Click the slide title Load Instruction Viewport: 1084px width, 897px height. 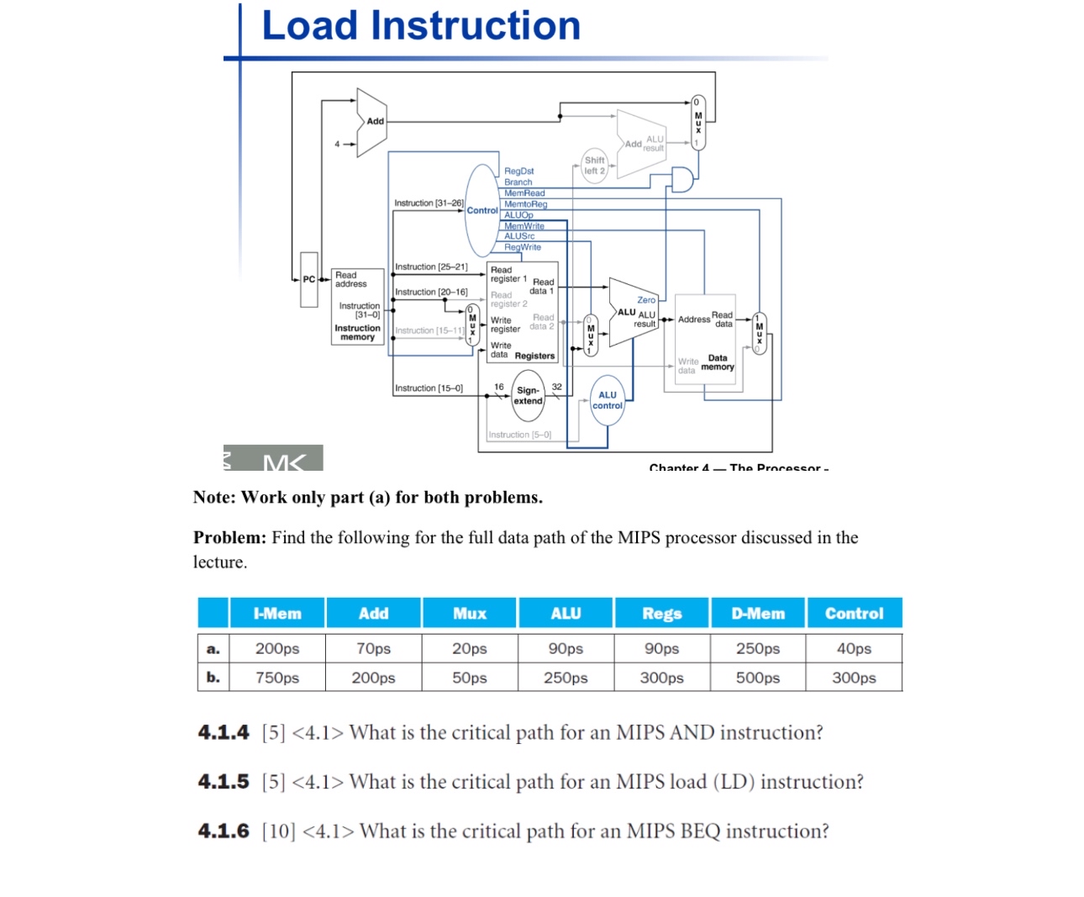click(421, 26)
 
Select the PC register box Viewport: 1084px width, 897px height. click(309, 279)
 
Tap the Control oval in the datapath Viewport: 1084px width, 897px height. click(481, 210)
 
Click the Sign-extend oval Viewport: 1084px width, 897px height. click(529, 396)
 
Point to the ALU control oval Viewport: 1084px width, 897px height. click(608, 400)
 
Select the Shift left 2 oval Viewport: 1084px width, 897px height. click(594, 166)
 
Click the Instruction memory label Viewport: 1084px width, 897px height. click(357, 332)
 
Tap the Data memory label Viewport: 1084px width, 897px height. click(717, 362)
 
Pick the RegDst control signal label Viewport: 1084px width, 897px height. click(518, 171)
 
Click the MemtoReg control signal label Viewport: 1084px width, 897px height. click(525, 204)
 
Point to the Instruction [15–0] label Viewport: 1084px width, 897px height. click(429, 388)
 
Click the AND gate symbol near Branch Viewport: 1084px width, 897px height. click(681, 179)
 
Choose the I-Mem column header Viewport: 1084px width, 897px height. click(277, 614)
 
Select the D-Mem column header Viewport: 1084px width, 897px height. click(758, 614)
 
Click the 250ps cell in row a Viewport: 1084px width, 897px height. click(758, 648)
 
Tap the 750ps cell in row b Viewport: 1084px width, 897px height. click(277, 678)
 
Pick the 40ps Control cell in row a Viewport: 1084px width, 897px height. click(854, 648)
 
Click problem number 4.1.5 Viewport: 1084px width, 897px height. click(224, 782)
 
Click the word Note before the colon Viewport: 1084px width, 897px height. click(213, 497)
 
